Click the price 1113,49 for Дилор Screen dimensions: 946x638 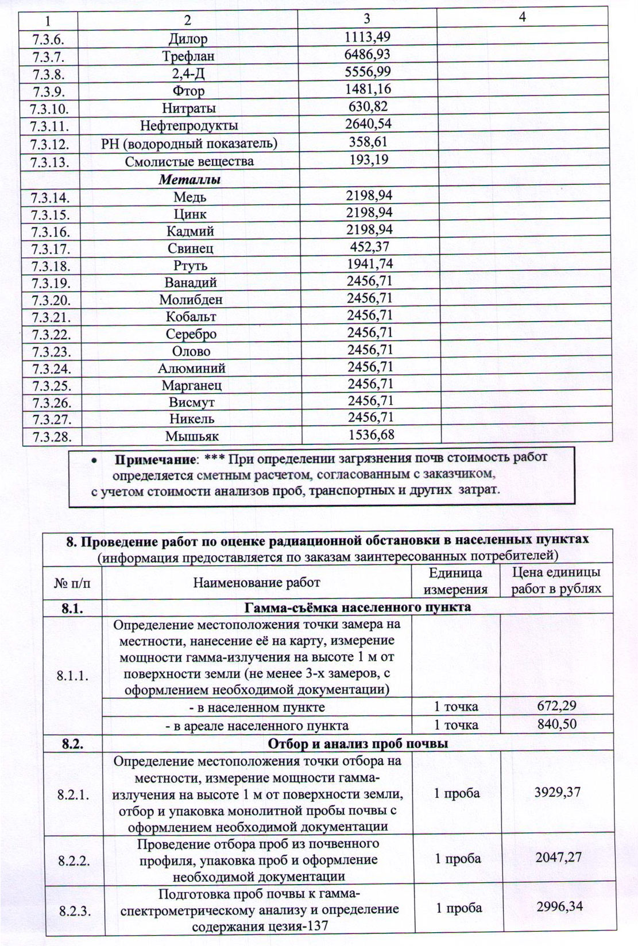tap(367, 37)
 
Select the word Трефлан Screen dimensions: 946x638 tap(188, 56)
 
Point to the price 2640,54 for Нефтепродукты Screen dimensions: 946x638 tap(368, 124)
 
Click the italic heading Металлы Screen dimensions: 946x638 tap(190, 179)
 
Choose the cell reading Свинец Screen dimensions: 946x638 tap(190, 248)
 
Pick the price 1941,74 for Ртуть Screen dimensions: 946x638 tap(369, 264)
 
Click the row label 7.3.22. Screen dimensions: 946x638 tap(52, 334)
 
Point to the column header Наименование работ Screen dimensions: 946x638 tap(256, 583)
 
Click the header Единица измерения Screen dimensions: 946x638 tap(456, 580)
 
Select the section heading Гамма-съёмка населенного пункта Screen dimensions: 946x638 tap(358, 607)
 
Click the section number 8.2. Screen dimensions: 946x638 tap(73, 743)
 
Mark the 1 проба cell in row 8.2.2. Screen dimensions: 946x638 tap(458, 859)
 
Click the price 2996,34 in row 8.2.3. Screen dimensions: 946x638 tap(559, 907)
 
